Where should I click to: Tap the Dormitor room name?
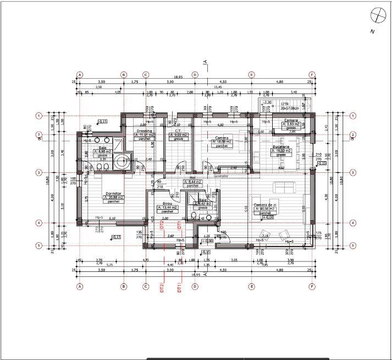point(113,194)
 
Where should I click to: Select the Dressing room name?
point(144,130)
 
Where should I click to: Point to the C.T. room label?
point(178,130)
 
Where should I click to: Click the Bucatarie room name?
point(280,148)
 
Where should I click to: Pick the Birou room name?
point(167,203)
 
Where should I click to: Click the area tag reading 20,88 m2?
point(113,198)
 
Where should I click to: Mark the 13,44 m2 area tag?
point(167,207)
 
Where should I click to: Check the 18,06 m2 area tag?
point(222,142)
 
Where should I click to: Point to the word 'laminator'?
point(220,176)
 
